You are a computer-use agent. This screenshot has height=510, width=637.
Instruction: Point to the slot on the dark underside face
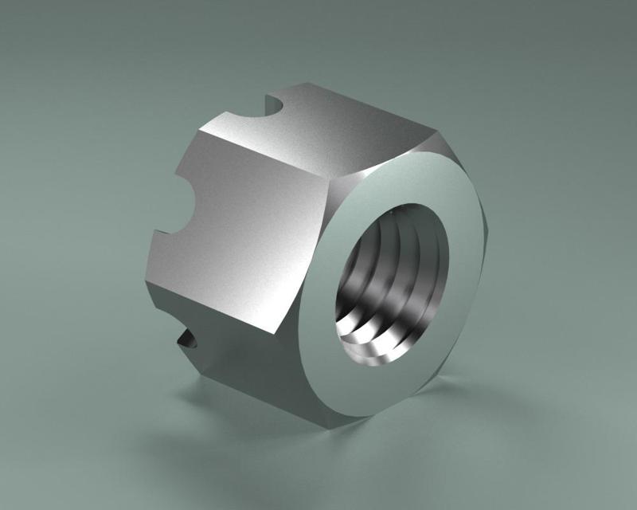(x=186, y=340)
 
